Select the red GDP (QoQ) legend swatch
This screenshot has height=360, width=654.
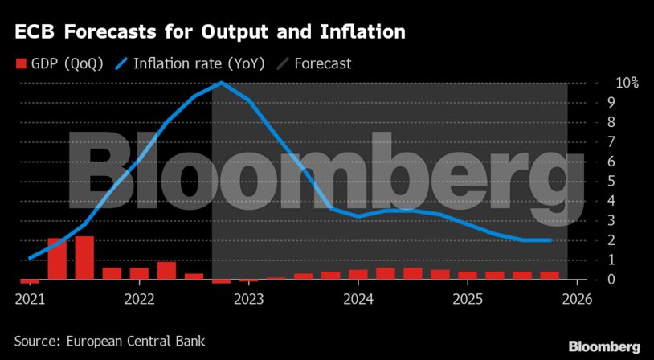click(21, 63)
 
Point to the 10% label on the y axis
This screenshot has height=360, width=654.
click(605, 83)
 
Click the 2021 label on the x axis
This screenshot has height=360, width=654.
click(30, 299)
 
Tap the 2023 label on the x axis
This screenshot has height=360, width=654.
click(248, 299)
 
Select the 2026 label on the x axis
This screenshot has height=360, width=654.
click(577, 299)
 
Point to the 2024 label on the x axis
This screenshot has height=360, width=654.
click(358, 299)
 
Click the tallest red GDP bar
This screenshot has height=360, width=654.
click(84, 257)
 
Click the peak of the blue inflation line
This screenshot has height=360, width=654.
click(222, 82)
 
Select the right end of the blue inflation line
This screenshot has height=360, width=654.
click(550, 239)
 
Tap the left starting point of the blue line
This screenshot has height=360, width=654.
click(30, 258)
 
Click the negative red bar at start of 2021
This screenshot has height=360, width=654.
click(30, 281)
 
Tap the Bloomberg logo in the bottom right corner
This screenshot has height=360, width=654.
click(604, 346)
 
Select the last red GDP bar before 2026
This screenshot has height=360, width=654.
click(550, 276)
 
